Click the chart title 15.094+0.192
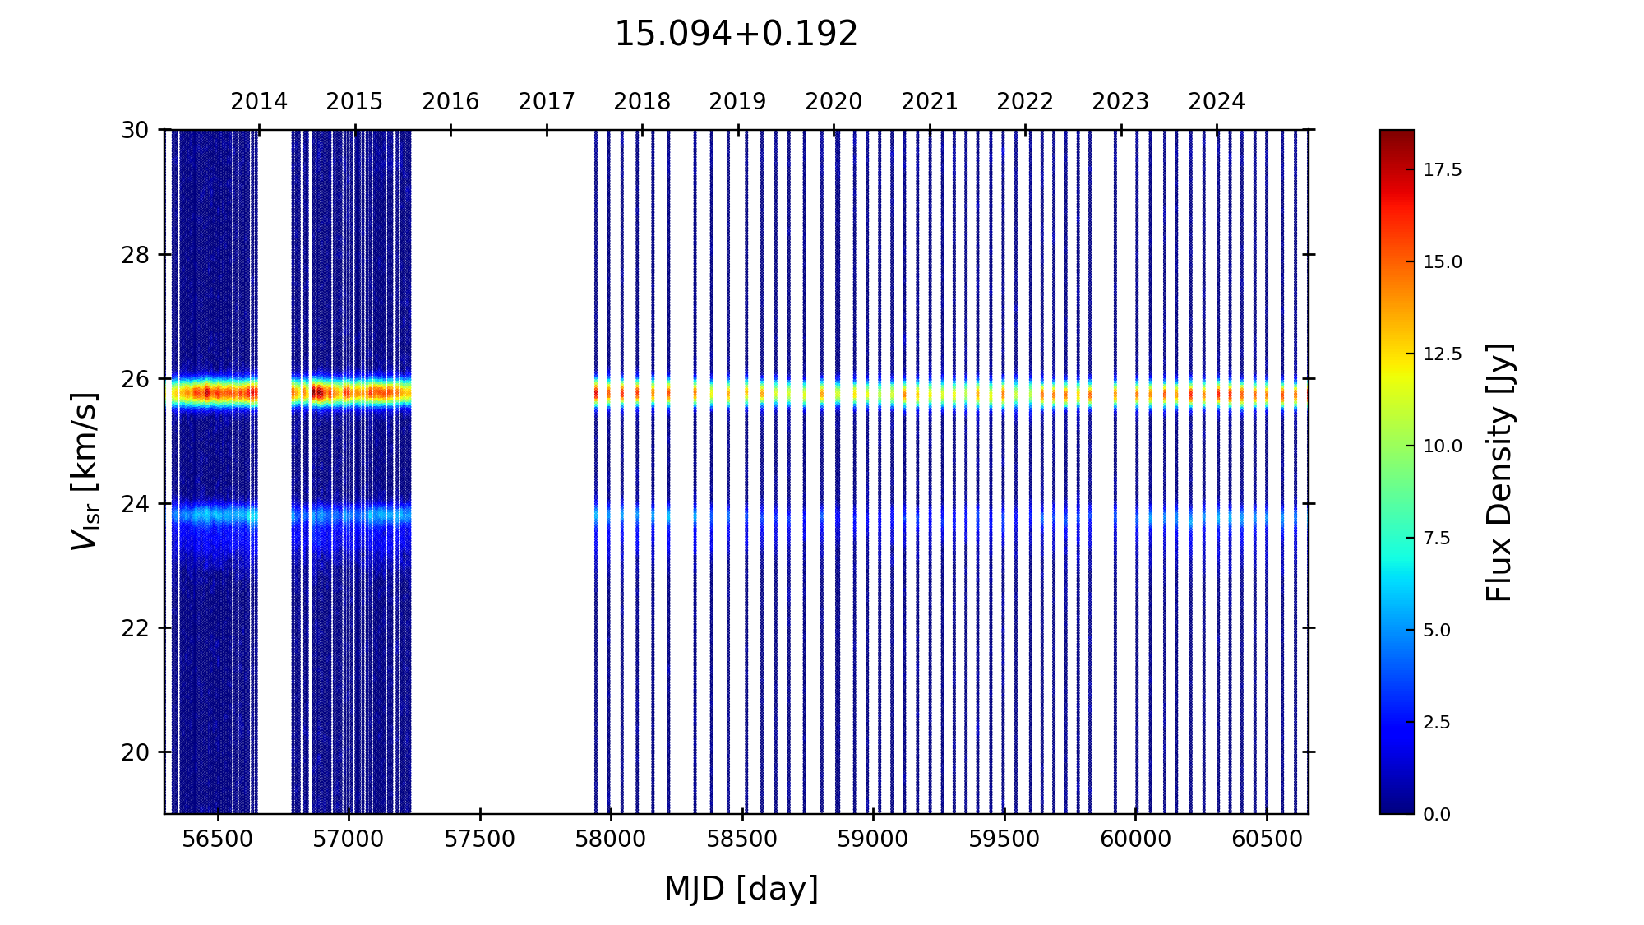click(736, 35)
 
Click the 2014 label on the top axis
click(259, 102)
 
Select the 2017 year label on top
click(547, 102)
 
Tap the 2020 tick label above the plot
click(834, 102)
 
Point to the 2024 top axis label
click(1217, 102)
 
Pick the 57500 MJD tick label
click(480, 839)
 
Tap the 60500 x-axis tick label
click(1266, 839)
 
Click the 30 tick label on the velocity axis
click(136, 130)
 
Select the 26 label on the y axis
click(136, 379)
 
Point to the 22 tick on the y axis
click(136, 628)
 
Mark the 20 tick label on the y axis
click(136, 752)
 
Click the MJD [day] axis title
click(741, 889)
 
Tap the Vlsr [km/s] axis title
click(85, 471)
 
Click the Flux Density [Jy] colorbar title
click(1499, 472)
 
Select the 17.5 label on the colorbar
click(1443, 170)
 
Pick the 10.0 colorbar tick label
click(1443, 446)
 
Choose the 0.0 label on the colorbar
click(1437, 815)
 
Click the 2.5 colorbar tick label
click(1437, 723)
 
